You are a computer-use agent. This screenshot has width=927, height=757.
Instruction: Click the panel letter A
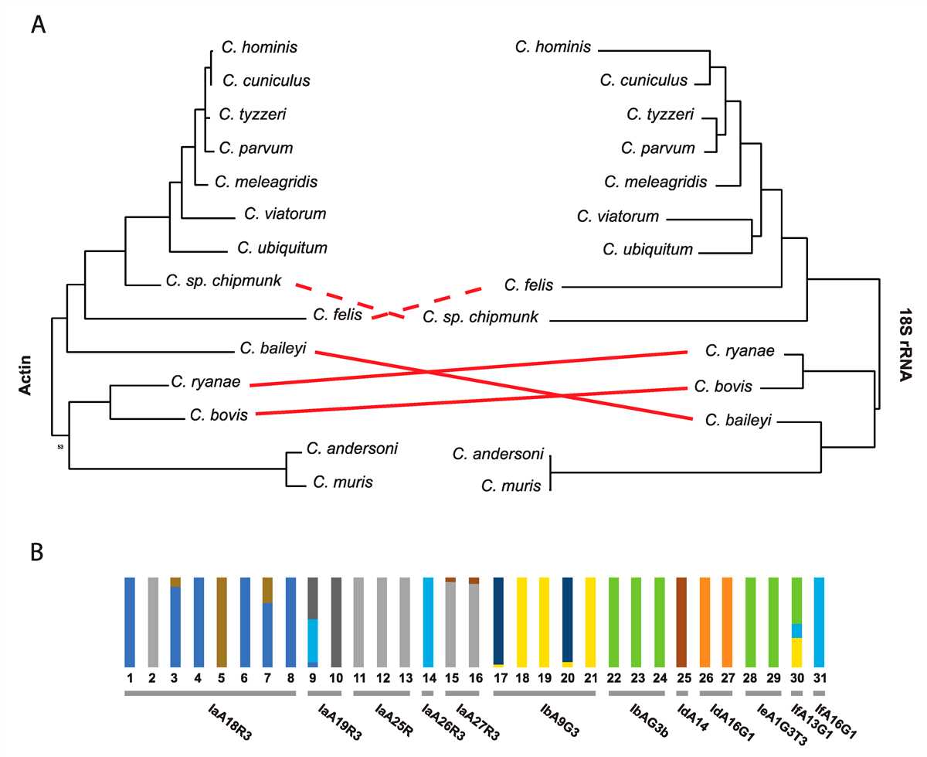[39, 25]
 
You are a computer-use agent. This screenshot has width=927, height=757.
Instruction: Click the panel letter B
[37, 552]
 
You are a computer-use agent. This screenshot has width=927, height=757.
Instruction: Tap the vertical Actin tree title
[25, 375]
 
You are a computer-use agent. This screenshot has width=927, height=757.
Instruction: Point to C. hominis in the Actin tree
[260, 47]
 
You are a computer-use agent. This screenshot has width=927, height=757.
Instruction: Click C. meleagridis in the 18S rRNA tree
[655, 182]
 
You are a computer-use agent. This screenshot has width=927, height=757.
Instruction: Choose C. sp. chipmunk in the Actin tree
[223, 281]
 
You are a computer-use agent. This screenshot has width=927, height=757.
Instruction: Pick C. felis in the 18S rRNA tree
[528, 285]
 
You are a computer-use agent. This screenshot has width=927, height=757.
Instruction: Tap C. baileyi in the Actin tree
[273, 348]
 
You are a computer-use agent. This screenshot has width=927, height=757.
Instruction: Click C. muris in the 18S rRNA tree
[511, 486]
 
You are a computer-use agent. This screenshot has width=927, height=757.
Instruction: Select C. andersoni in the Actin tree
[352, 448]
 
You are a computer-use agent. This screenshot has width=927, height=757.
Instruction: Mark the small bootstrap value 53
[60, 447]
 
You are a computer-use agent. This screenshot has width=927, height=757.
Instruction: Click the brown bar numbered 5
[222, 622]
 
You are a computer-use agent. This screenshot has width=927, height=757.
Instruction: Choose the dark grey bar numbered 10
[336, 622]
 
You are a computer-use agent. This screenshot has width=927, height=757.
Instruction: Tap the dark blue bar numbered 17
[498, 621]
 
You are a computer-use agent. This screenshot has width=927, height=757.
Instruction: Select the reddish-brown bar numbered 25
[681, 622]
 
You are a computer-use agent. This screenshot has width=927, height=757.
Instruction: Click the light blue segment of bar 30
[796, 631]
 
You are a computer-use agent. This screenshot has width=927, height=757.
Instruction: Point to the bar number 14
[430, 678]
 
